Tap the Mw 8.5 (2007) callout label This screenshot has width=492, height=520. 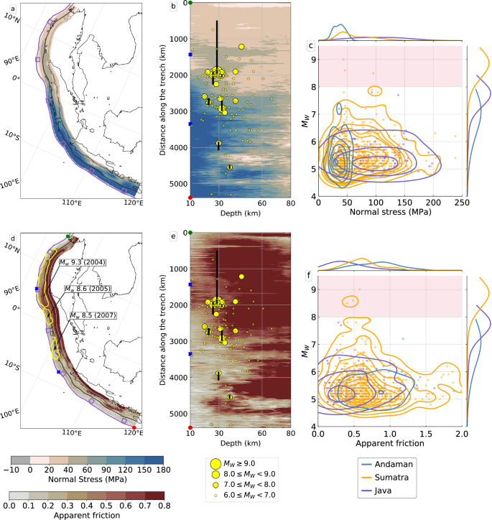point(93,315)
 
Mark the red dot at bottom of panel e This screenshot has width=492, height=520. point(190,427)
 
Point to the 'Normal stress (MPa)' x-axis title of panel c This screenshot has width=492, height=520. point(390,213)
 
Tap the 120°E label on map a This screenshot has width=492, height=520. point(133,203)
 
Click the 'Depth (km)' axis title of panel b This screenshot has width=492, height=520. point(240,213)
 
